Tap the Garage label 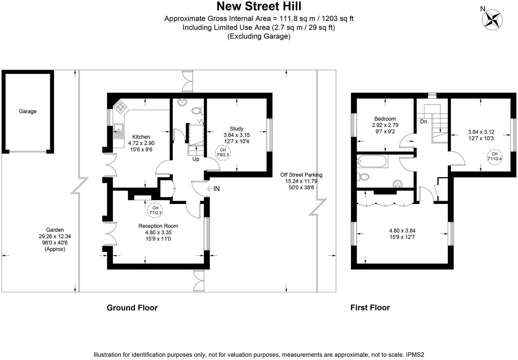[28, 111]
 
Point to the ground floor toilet [197, 111]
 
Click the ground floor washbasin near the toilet [182, 102]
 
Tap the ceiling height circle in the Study [223, 152]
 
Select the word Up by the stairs [196, 159]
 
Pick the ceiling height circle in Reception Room [155, 210]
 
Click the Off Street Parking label [301, 175]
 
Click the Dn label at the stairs [423, 122]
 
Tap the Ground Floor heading [132, 308]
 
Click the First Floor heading [370, 307]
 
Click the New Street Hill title [259, 6]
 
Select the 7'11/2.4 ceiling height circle [494, 156]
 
